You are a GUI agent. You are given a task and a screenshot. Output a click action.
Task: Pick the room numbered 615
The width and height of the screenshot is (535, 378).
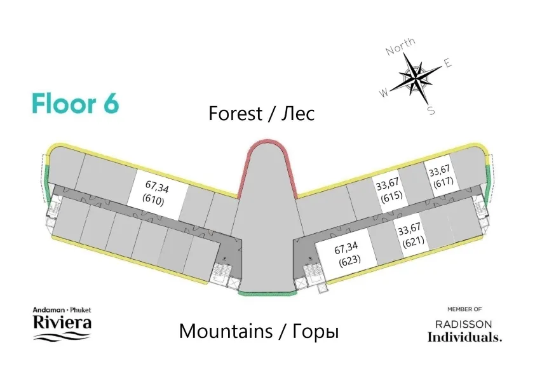(x=389, y=191)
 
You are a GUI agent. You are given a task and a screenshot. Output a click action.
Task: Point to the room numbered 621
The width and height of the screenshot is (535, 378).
(x=410, y=234)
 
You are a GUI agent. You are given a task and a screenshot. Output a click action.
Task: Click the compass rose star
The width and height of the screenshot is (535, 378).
(x=416, y=78)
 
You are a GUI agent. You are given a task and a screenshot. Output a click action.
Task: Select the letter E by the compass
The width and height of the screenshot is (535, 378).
(x=447, y=63)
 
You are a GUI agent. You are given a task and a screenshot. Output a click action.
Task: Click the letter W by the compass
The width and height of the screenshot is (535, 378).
(x=384, y=93)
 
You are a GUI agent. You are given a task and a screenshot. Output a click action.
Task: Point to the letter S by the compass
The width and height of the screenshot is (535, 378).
(x=431, y=111)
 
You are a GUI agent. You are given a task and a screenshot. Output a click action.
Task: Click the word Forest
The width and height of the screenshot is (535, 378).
(x=235, y=114)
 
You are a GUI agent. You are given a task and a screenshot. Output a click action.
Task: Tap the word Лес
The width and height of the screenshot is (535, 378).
(x=298, y=114)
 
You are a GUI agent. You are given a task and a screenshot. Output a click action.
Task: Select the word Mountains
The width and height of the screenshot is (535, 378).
(x=224, y=331)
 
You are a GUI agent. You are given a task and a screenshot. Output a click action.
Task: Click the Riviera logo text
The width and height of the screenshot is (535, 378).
(x=62, y=322)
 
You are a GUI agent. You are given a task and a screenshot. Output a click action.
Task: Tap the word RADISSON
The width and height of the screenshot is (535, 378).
(x=464, y=324)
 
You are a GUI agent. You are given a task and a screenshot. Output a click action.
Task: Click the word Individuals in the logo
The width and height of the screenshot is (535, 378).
(x=464, y=337)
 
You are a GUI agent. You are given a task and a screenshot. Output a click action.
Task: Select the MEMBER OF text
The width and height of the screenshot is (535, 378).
(x=464, y=309)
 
